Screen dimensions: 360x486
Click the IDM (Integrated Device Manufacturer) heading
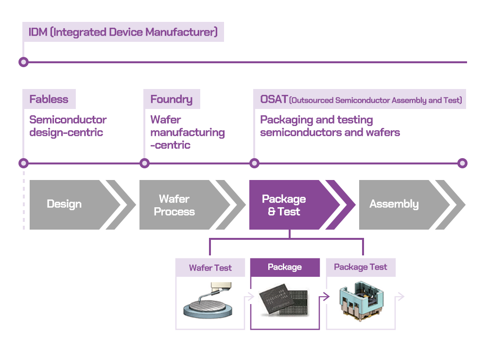click(x=123, y=32)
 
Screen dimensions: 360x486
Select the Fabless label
click(x=49, y=99)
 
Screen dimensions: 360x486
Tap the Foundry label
click(x=171, y=99)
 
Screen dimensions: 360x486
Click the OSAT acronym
click(x=274, y=99)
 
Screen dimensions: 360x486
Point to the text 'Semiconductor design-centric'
click(x=68, y=126)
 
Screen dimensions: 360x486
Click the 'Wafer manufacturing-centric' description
click(x=187, y=132)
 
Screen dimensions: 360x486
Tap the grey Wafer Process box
click(x=180, y=205)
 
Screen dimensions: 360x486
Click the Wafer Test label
click(x=210, y=268)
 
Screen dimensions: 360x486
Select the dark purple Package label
click(x=285, y=267)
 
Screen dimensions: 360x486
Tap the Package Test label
click(x=360, y=267)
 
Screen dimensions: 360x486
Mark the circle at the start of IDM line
click(x=23, y=62)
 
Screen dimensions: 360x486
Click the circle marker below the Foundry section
click(x=144, y=163)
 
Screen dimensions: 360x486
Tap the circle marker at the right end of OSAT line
click(x=462, y=163)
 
